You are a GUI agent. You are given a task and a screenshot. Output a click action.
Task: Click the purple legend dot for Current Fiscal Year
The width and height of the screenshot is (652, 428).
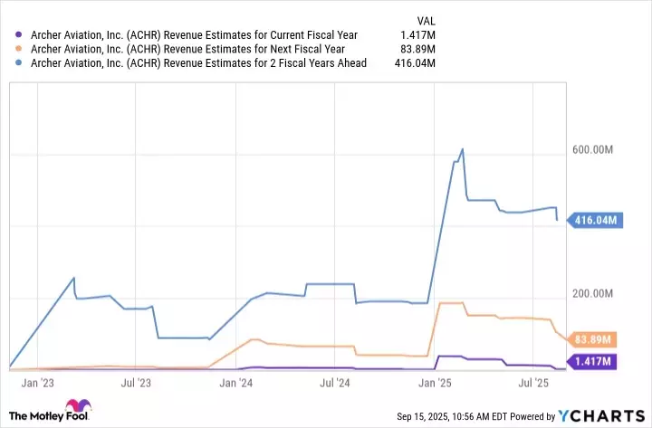point(13,35)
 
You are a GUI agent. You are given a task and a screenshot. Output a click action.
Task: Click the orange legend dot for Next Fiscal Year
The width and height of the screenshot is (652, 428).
point(13,49)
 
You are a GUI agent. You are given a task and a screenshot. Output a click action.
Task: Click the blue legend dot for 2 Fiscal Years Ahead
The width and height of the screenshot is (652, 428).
point(13,63)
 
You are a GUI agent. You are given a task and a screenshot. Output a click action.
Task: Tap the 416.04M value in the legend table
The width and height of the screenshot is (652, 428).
point(414,63)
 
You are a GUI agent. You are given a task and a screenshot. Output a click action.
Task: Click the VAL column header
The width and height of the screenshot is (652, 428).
point(424,20)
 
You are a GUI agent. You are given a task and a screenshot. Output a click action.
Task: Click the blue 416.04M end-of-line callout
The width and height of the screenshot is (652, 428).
point(594,220)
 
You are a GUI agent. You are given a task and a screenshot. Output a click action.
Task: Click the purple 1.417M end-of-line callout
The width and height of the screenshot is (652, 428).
point(594,362)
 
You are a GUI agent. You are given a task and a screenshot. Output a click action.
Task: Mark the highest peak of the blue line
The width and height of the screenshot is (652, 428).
point(463,149)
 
